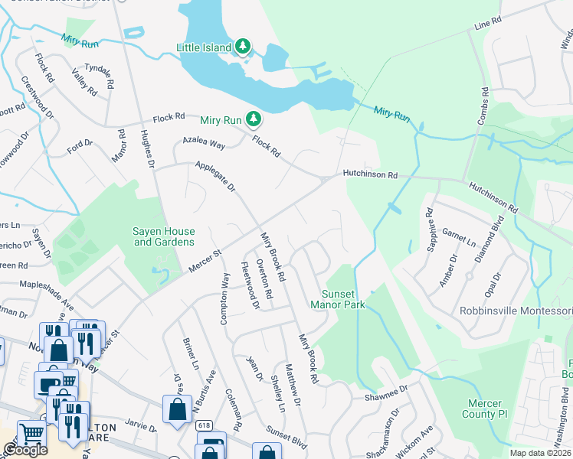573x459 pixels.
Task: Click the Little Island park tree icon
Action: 243,47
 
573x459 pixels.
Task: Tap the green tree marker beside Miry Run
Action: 253,119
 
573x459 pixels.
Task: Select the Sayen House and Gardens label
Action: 164,237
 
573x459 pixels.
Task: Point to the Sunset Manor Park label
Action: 337,298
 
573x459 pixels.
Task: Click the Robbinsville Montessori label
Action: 515,311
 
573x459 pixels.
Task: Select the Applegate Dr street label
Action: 214,177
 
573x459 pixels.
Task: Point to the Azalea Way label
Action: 203,143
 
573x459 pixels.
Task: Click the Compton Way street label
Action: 225,299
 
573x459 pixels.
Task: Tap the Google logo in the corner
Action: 25,450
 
